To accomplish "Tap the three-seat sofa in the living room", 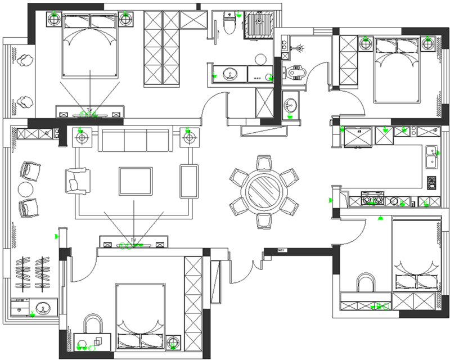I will (x=135, y=139).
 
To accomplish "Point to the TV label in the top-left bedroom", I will (x=89, y=110).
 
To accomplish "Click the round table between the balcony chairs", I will (x=26, y=188).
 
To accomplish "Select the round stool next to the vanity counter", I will (x=260, y=58).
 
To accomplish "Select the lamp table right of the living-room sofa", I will (x=188, y=137).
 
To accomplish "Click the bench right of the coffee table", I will (x=189, y=181).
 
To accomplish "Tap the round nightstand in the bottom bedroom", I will (x=173, y=341).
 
